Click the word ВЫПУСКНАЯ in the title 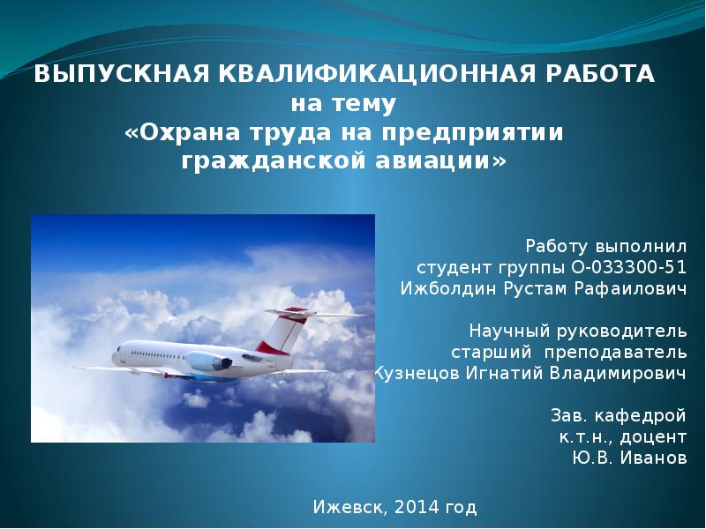click(x=122, y=74)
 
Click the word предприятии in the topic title click(x=473, y=134)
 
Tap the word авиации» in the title click(x=440, y=161)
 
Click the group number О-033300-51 click(x=628, y=268)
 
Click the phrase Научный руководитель click(x=578, y=332)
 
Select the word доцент click(x=653, y=437)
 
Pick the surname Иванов click(x=654, y=458)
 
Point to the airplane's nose click(x=115, y=356)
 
